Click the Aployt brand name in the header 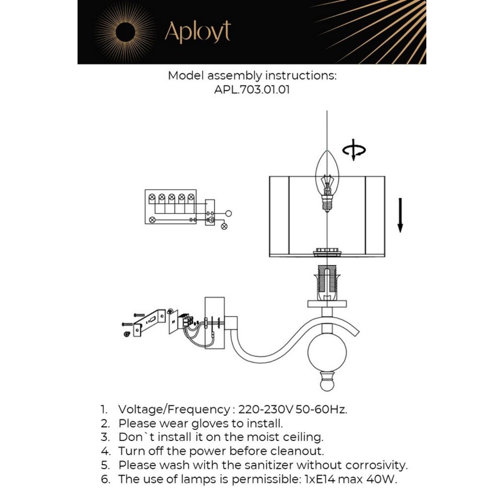coord(197,32)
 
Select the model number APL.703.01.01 coord(252,89)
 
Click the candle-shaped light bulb coord(327,181)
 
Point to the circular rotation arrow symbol coord(354,150)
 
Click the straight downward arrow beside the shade coord(400,215)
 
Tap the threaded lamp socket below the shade coord(327,282)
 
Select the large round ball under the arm coord(327,354)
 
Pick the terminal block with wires coord(186,321)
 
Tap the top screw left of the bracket coord(139,315)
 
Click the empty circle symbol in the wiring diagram coord(228,213)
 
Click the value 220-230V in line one coord(265,409)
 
